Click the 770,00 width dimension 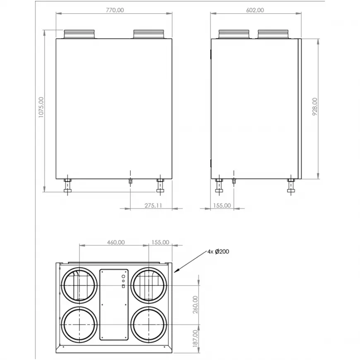coord(115,10)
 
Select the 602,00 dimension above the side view coord(255,10)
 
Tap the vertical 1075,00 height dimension coord(41,107)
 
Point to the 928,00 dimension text coord(315,106)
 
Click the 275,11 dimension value coord(153,206)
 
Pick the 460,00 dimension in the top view coord(116,242)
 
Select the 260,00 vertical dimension coord(195,305)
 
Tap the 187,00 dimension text coord(195,338)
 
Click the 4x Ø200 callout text coord(218,252)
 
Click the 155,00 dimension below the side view coord(222,206)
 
